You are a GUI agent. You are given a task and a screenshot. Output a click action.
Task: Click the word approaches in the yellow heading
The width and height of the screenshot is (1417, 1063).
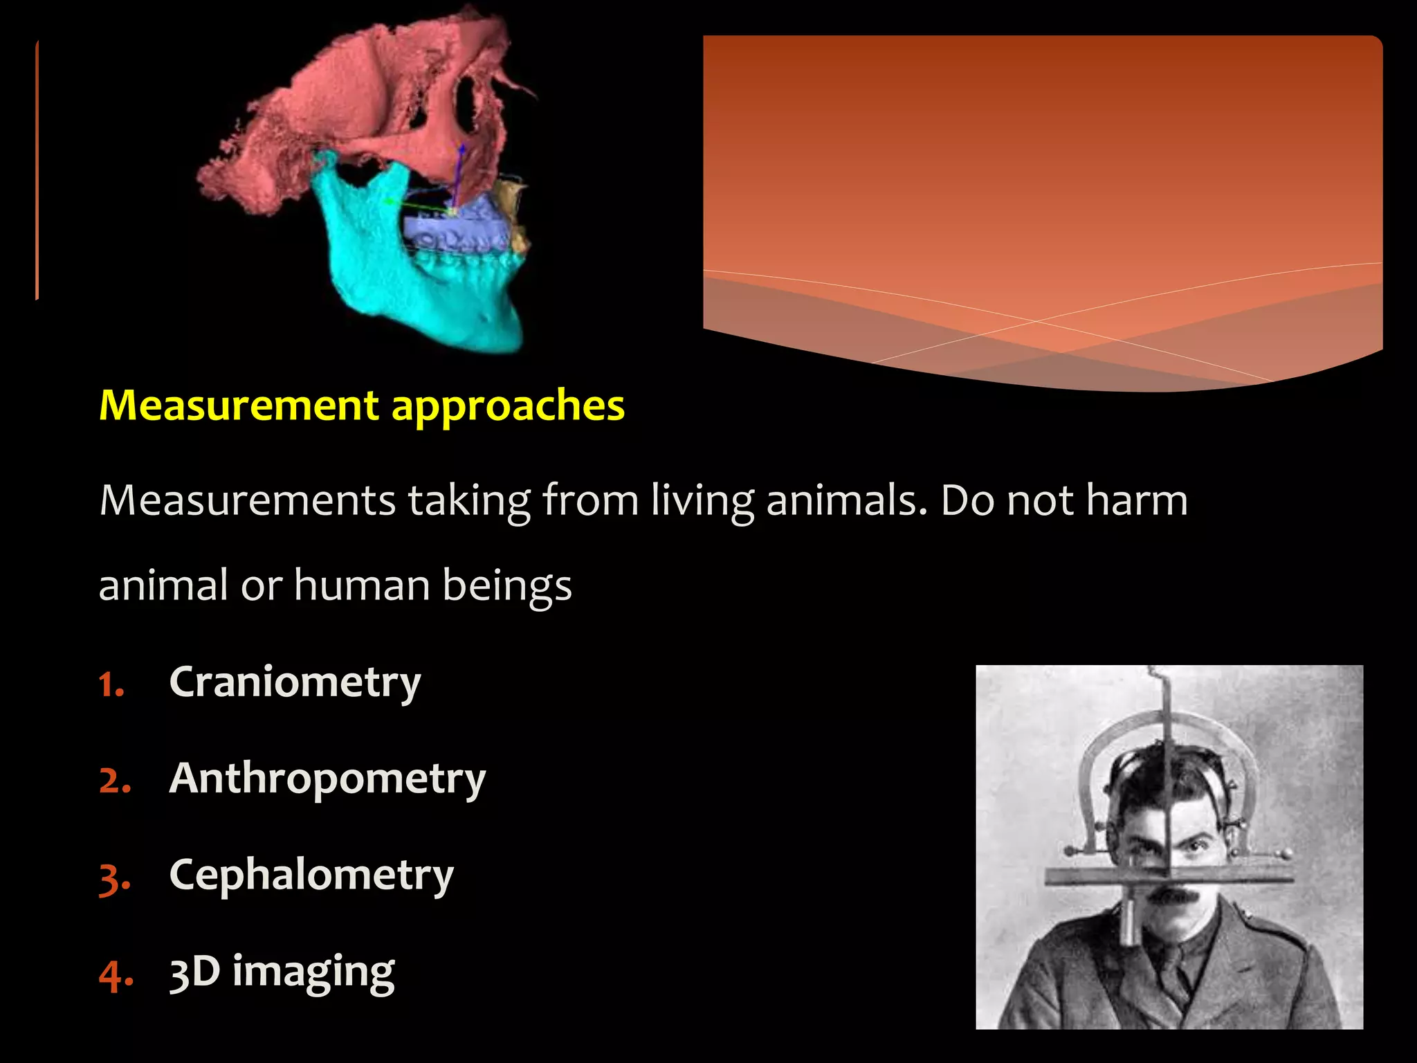[x=508, y=406]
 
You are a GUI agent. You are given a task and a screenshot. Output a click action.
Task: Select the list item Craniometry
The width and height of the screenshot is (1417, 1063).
[x=295, y=682]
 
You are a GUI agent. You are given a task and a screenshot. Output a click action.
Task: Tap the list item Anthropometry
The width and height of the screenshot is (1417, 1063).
[x=327, y=779]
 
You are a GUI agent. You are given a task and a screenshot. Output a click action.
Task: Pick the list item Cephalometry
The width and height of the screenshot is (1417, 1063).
[x=311, y=875]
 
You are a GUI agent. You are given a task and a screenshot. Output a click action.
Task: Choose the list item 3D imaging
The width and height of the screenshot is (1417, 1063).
[x=282, y=972]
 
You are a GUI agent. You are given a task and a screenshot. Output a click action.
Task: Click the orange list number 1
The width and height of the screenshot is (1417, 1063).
[x=110, y=686]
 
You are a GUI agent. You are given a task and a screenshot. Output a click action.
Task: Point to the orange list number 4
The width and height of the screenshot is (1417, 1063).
[x=114, y=976]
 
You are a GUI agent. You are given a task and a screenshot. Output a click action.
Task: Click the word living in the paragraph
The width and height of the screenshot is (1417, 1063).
[x=702, y=500]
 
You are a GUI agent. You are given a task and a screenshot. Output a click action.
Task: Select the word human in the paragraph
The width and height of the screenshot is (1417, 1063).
[x=361, y=585]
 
